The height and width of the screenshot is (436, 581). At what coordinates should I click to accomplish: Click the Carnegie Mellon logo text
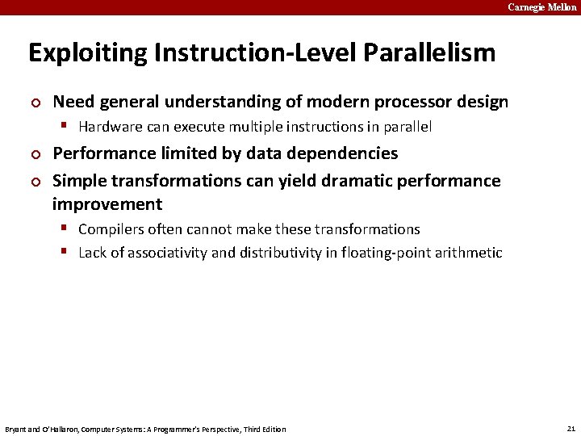[x=541, y=7]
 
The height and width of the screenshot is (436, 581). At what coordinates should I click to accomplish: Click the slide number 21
[x=571, y=428]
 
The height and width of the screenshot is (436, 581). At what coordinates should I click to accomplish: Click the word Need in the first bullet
[x=73, y=102]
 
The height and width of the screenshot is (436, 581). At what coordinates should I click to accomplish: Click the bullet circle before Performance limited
[x=35, y=154]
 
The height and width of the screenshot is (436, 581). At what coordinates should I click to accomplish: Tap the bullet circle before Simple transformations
[x=35, y=182]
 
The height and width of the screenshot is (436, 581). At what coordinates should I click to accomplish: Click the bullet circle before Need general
[x=35, y=103]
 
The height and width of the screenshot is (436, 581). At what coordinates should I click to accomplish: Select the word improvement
[x=107, y=204]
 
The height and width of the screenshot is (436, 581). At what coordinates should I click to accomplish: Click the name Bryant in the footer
[x=17, y=429]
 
